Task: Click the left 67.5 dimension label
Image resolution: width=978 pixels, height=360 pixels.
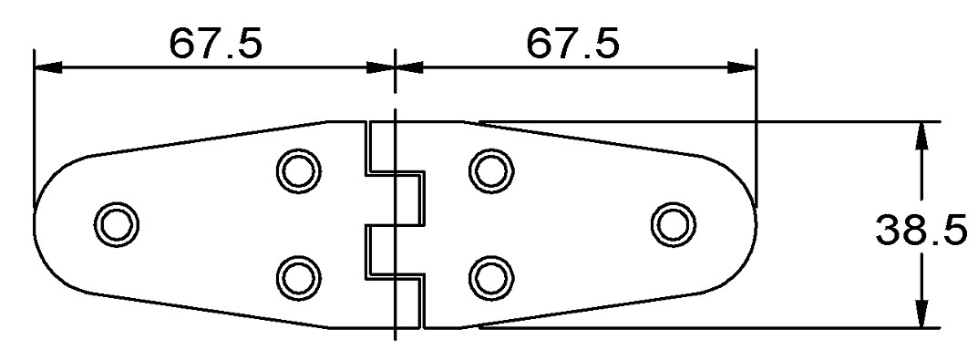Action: [x=216, y=44]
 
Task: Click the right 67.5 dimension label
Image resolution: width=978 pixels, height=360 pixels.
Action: [x=573, y=44]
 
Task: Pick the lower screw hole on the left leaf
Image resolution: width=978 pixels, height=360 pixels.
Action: [x=299, y=277]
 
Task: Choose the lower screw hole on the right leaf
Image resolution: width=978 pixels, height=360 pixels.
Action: [x=491, y=277]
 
